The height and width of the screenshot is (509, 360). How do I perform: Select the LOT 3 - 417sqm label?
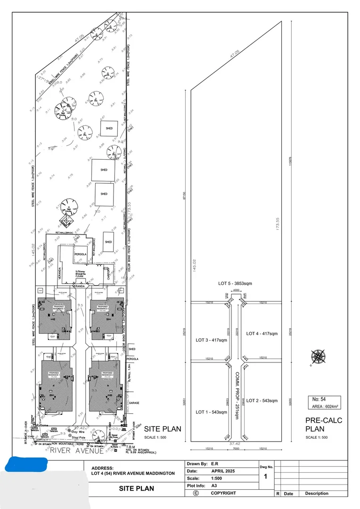tap(211, 339)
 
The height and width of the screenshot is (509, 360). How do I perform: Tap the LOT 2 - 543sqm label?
tap(262, 401)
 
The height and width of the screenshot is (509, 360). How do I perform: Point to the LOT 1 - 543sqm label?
tap(211, 412)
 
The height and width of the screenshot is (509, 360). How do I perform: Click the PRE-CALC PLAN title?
tap(323, 424)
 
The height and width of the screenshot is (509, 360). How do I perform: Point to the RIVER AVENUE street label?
tap(77, 451)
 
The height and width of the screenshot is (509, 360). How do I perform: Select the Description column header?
tap(317, 493)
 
